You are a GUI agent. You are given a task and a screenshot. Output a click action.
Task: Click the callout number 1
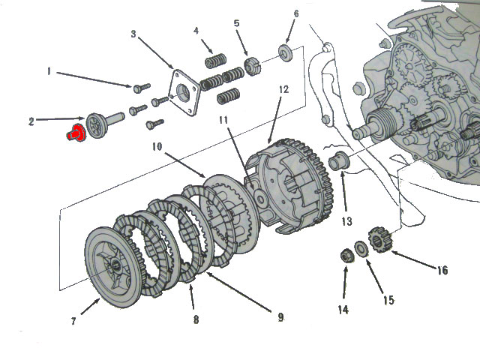[49, 72]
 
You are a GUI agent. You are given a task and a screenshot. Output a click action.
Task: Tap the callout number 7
[73, 322]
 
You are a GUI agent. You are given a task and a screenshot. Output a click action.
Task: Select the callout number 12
[283, 89]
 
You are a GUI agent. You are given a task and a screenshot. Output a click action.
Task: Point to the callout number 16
[443, 269]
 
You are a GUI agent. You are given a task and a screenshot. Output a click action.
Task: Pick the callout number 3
[133, 34]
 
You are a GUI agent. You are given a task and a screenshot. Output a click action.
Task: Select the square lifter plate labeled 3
[184, 92]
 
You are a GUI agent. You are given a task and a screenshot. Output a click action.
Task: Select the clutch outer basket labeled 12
[292, 187]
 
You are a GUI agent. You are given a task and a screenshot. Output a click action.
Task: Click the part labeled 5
[251, 66]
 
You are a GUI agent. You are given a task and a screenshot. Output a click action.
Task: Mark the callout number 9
[280, 317]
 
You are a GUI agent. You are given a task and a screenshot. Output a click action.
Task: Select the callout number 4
[196, 31]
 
